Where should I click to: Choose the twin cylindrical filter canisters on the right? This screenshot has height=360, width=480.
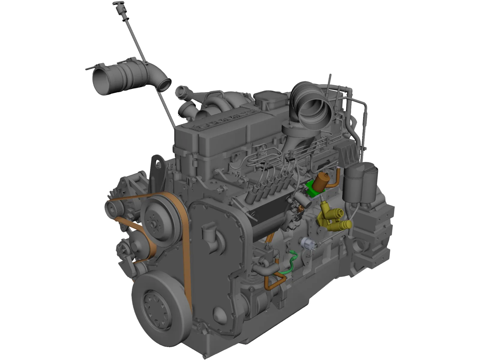click(360, 183)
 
